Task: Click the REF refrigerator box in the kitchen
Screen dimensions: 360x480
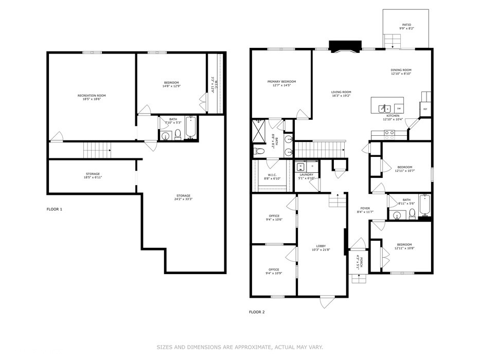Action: pos(425,109)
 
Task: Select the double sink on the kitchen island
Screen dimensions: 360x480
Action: pos(384,108)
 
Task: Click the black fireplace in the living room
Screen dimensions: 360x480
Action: pos(340,48)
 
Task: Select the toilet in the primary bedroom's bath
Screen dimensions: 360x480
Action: pos(259,151)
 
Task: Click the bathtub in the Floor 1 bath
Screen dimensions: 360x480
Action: pos(191,129)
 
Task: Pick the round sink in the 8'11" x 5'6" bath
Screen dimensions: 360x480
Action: pos(398,214)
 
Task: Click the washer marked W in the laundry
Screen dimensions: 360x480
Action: pos(300,167)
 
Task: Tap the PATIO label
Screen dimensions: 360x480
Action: pos(406,25)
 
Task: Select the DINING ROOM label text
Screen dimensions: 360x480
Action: pos(401,70)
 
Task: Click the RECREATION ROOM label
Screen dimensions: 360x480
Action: pos(92,95)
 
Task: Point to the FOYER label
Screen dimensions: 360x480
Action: pos(365,208)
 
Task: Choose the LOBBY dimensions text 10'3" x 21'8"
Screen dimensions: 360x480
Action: pos(321,250)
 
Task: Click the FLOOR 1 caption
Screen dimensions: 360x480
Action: pos(54,209)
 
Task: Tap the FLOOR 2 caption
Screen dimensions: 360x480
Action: pos(257,312)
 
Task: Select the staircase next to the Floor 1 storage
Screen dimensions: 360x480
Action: pos(97,151)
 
